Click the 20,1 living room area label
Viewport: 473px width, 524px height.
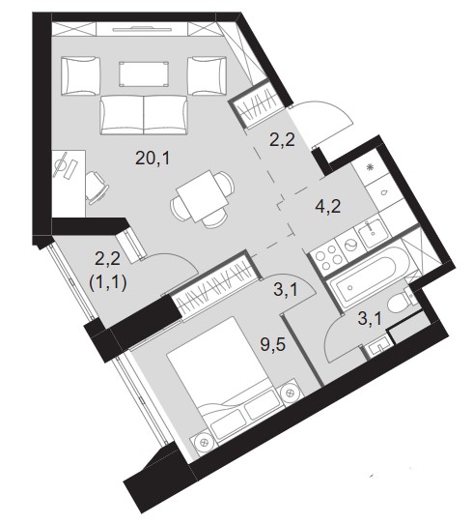[x=153, y=158]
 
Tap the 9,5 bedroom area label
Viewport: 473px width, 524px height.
[x=273, y=344]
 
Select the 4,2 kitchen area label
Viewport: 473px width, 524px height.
[x=328, y=207]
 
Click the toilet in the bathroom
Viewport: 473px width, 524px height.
[x=402, y=301]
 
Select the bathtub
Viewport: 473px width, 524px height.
[x=366, y=277]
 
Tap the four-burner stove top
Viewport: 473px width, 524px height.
[x=325, y=256]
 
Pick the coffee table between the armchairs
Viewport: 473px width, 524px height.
[x=144, y=73]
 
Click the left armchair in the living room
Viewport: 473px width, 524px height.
[x=81, y=75]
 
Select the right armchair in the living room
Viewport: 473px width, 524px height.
[x=207, y=75]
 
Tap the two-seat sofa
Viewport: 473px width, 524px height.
[x=144, y=115]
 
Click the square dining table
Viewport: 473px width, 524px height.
[x=202, y=196]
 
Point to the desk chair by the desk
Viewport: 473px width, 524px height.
[x=97, y=188]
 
